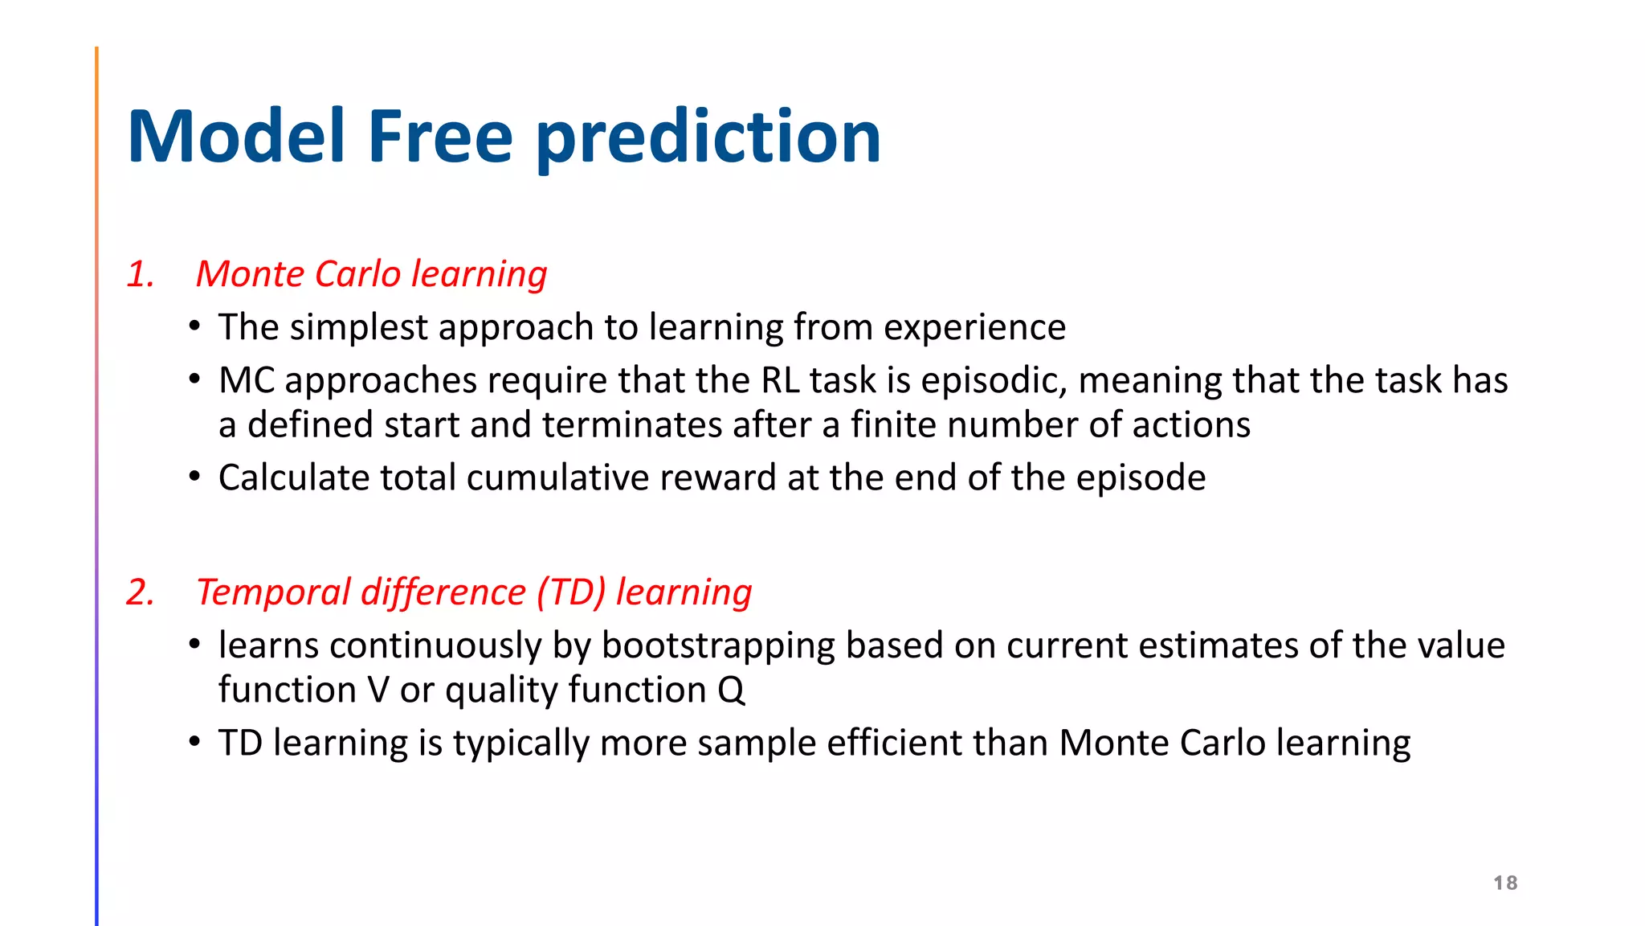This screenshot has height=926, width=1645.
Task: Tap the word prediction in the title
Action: (708, 138)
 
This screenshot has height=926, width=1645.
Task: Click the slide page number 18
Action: (1505, 883)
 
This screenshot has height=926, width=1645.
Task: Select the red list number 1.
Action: (140, 275)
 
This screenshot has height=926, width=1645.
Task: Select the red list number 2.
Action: (141, 592)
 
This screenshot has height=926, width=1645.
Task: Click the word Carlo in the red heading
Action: (357, 274)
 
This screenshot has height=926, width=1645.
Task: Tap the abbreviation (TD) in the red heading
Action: (571, 592)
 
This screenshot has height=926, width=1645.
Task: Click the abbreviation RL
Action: (780, 380)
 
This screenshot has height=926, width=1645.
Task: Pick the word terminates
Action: (632, 425)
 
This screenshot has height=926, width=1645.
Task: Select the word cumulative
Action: (558, 478)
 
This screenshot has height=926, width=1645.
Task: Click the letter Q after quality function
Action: (731, 690)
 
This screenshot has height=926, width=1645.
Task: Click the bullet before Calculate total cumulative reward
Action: (194, 477)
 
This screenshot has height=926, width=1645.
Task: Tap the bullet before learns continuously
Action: (194, 645)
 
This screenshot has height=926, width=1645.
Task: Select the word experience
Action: (974, 328)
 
